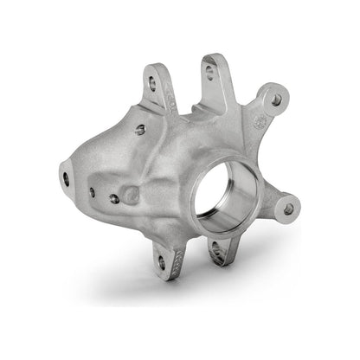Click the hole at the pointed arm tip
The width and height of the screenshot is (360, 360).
(x=66, y=178)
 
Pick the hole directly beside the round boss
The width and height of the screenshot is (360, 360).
(x=113, y=199)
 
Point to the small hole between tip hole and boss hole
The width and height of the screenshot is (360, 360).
(x=92, y=191)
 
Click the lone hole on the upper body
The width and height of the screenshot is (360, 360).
(x=140, y=130)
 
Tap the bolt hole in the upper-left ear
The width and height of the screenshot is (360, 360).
(x=154, y=84)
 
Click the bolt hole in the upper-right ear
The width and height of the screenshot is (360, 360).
(x=276, y=100)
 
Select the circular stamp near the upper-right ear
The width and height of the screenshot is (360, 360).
(x=257, y=124)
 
